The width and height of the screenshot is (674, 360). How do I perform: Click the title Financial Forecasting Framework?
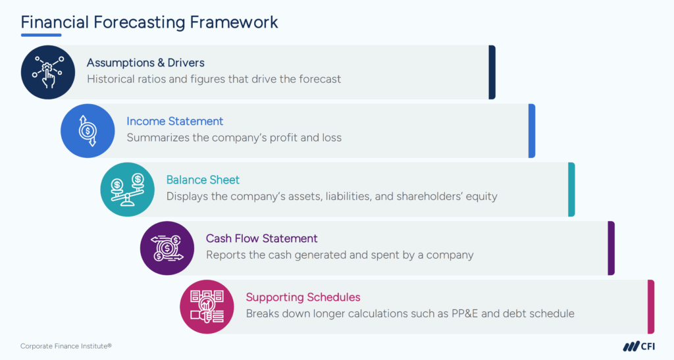[x=149, y=22]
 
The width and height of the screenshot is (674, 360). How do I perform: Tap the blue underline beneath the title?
[x=41, y=36]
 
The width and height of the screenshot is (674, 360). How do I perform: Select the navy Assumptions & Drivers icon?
[x=48, y=72]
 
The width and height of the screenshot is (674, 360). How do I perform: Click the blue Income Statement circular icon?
[x=88, y=131]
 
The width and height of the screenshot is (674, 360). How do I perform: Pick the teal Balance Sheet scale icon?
[x=127, y=190]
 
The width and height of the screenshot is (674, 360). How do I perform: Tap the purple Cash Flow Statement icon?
[x=167, y=248]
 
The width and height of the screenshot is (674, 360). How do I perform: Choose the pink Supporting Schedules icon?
[x=207, y=307]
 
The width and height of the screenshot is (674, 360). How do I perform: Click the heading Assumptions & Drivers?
[x=145, y=63]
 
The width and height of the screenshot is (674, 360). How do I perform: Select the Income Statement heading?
[x=174, y=121]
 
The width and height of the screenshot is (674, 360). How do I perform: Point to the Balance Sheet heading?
[x=203, y=180]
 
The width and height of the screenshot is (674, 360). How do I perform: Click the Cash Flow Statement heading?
[x=261, y=238]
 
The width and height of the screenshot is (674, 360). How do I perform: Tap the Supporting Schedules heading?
[x=303, y=297]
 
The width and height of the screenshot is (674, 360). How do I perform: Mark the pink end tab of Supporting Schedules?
[x=651, y=307]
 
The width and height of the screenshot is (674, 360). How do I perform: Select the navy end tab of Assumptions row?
[x=492, y=72]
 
